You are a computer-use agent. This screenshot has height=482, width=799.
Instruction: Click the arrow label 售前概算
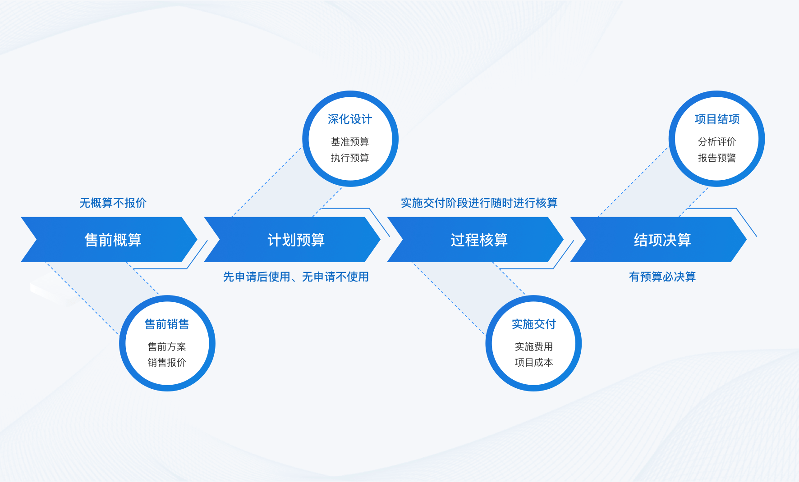click(113, 240)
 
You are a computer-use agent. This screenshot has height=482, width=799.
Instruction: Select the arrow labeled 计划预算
click(296, 240)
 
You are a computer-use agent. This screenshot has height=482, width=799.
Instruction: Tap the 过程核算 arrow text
click(479, 240)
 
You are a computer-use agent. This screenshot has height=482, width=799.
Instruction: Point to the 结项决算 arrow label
click(662, 240)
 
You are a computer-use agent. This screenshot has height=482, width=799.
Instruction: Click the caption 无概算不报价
click(113, 203)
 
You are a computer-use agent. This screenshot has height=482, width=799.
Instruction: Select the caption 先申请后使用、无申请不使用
click(296, 277)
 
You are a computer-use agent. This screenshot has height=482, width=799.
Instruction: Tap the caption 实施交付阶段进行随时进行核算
click(479, 203)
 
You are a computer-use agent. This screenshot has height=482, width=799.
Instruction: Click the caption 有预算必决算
click(662, 277)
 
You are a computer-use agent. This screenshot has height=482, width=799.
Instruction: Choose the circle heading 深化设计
click(350, 119)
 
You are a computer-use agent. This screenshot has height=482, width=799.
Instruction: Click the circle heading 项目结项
click(717, 119)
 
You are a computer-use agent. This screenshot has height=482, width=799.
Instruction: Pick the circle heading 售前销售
click(167, 324)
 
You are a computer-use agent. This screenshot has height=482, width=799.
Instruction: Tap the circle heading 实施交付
click(534, 324)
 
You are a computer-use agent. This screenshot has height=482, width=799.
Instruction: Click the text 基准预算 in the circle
click(350, 142)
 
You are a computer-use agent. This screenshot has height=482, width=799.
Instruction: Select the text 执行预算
click(350, 158)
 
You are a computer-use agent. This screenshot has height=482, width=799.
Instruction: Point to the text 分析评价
click(717, 142)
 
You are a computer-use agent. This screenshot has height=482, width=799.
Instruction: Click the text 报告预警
click(717, 158)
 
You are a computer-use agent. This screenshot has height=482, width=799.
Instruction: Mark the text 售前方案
click(167, 347)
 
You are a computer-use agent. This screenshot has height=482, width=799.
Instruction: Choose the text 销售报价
click(167, 363)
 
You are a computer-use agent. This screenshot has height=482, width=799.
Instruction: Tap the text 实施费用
click(534, 347)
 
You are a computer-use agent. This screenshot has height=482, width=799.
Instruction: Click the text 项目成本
click(534, 363)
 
